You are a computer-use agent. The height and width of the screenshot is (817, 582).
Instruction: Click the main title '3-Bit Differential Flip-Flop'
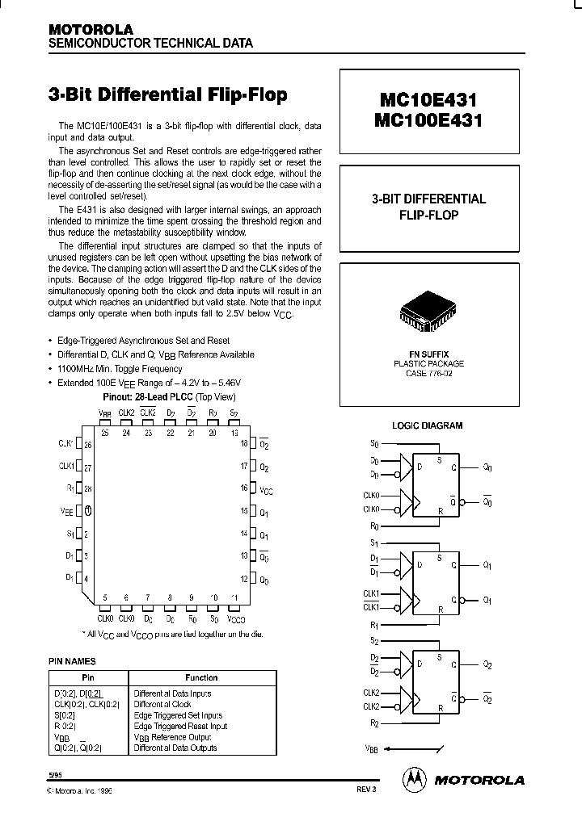[x=168, y=95]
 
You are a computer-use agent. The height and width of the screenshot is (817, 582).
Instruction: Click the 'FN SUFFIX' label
[x=428, y=354]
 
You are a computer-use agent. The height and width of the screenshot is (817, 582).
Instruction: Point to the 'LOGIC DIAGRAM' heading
[x=427, y=425]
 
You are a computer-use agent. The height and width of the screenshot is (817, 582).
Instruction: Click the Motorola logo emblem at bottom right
[x=414, y=779]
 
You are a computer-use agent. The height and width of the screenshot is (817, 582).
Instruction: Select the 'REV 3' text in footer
[x=366, y=789]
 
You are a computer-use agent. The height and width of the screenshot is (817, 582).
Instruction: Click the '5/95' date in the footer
[x=55, y=773]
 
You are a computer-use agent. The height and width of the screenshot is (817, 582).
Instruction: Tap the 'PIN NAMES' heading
[x=73, y=661]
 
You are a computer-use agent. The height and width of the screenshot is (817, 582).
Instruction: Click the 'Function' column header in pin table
[x=201, y=677]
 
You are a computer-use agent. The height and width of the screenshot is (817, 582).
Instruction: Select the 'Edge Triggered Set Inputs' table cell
[x=178, y=715]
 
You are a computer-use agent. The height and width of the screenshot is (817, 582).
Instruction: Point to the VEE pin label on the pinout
[x=67, y=510]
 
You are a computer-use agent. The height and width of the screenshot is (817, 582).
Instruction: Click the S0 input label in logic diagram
[x=373, y=443]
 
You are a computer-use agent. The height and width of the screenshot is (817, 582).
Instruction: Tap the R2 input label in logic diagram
[x=373, y=723]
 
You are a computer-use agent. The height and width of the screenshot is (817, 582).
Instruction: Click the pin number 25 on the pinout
[x=105, y=433]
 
